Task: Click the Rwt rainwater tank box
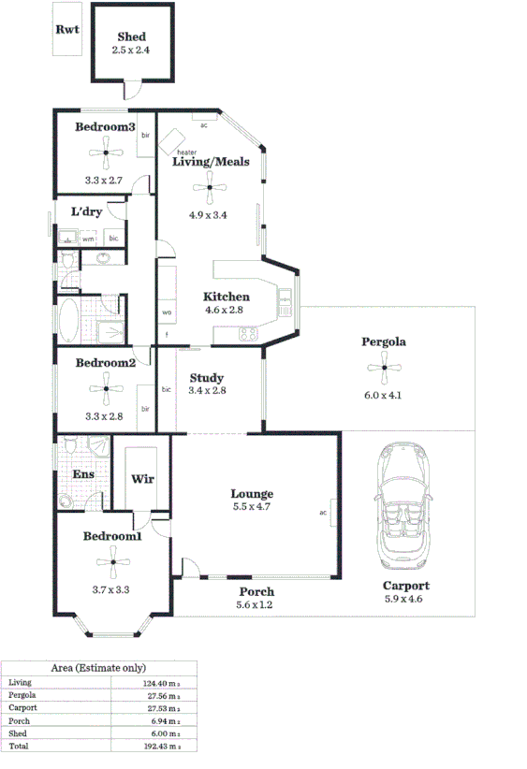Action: (66, 30)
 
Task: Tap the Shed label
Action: (131, 37)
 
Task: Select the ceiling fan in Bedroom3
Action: (106, 152)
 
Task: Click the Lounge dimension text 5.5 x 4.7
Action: (252, 507)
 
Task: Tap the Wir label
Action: (142, 479)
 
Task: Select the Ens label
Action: (82, 474)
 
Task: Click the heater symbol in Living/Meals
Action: (171, 143)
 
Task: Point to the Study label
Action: (206, 378)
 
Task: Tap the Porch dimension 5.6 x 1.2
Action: (256, 604)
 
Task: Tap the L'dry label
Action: (86, 211)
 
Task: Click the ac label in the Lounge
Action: (323, 512)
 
